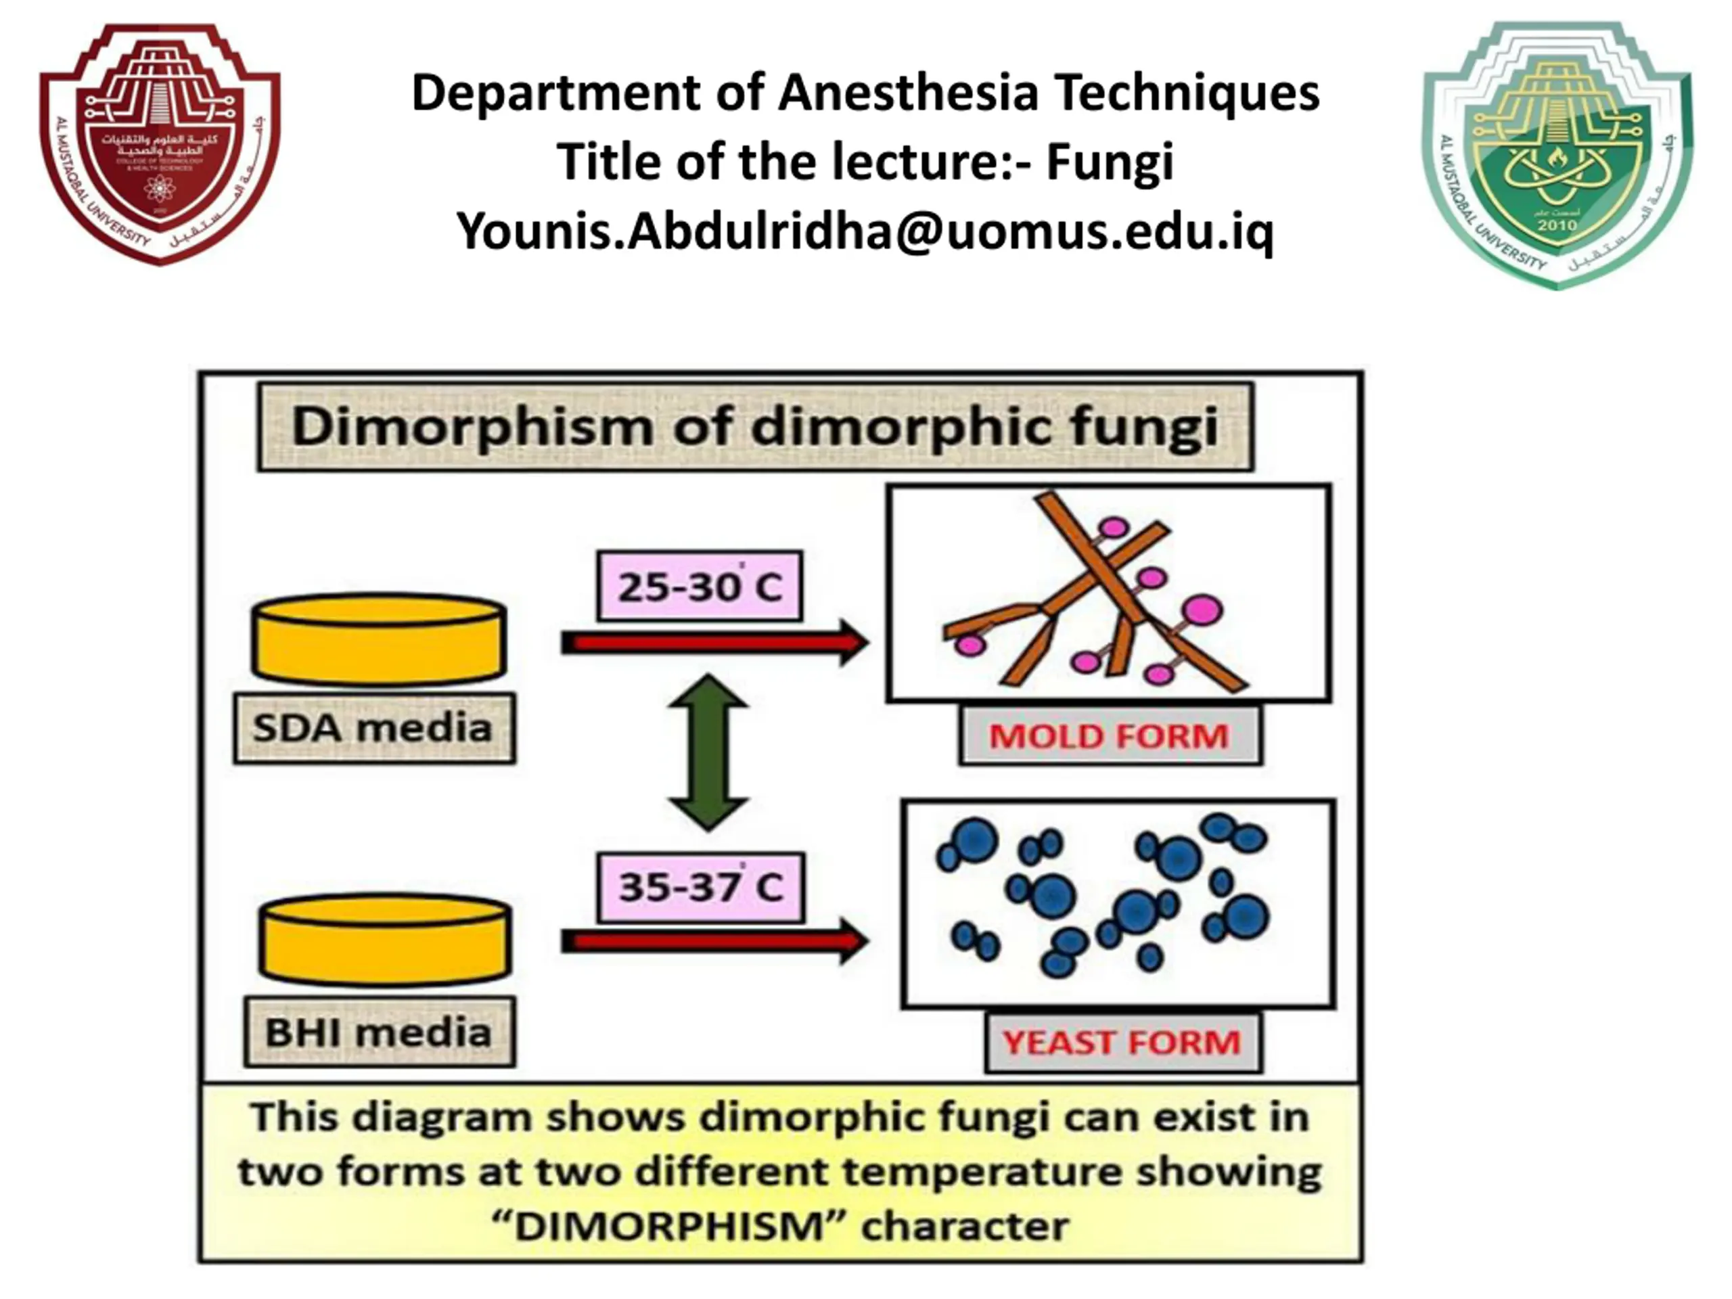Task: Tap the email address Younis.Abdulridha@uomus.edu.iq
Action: click(x=865, y=232)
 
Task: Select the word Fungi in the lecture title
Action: click(x=1110, y=162)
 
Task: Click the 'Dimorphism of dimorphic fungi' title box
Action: click(x=755, y=428)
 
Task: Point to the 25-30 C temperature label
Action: click(x=699, y=587)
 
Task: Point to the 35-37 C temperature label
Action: click(x=701, y=887)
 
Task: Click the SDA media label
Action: click(x=374, y=728)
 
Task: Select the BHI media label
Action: click(x=379, y=1032)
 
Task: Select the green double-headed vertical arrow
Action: click(x=708, y=752)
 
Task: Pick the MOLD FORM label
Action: click(x=1110, y=736)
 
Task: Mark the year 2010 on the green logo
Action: click(x=1557, y=225)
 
